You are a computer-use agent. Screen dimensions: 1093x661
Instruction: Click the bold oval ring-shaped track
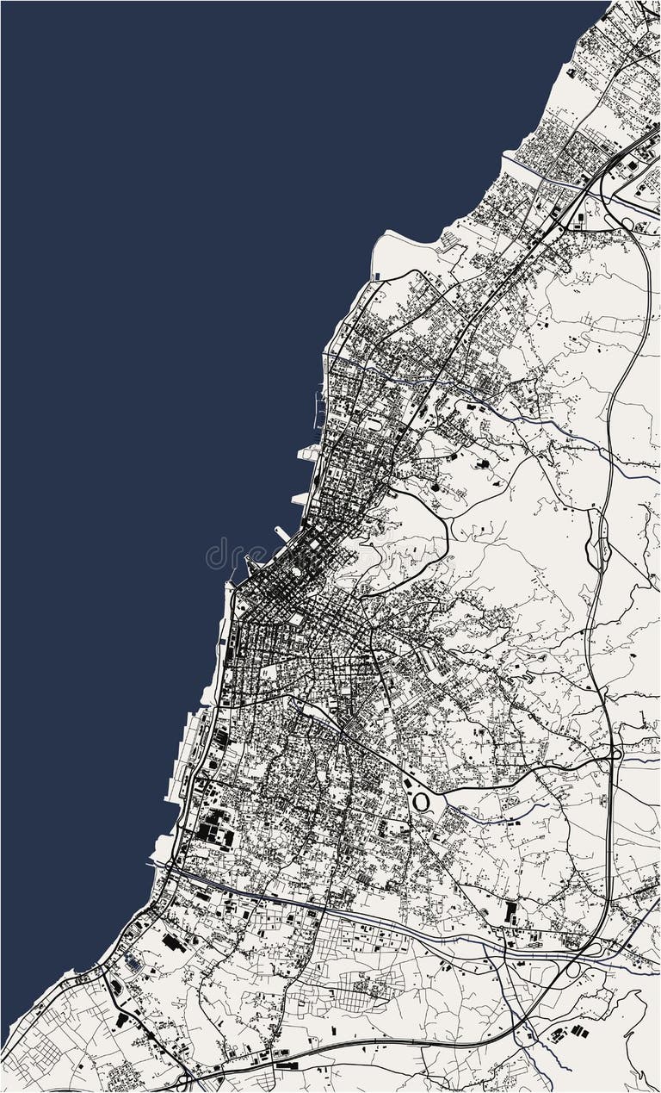pyautogui.click(x=421, y=802)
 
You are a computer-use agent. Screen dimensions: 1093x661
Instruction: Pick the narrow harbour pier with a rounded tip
pyautogui.click(x=282, y=533)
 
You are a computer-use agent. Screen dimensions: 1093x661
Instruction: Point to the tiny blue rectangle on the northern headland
pyautogui.click(x=377, y=276)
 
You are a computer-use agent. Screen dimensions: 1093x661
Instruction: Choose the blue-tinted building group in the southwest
pyautogui.click(x=132, y=961)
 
